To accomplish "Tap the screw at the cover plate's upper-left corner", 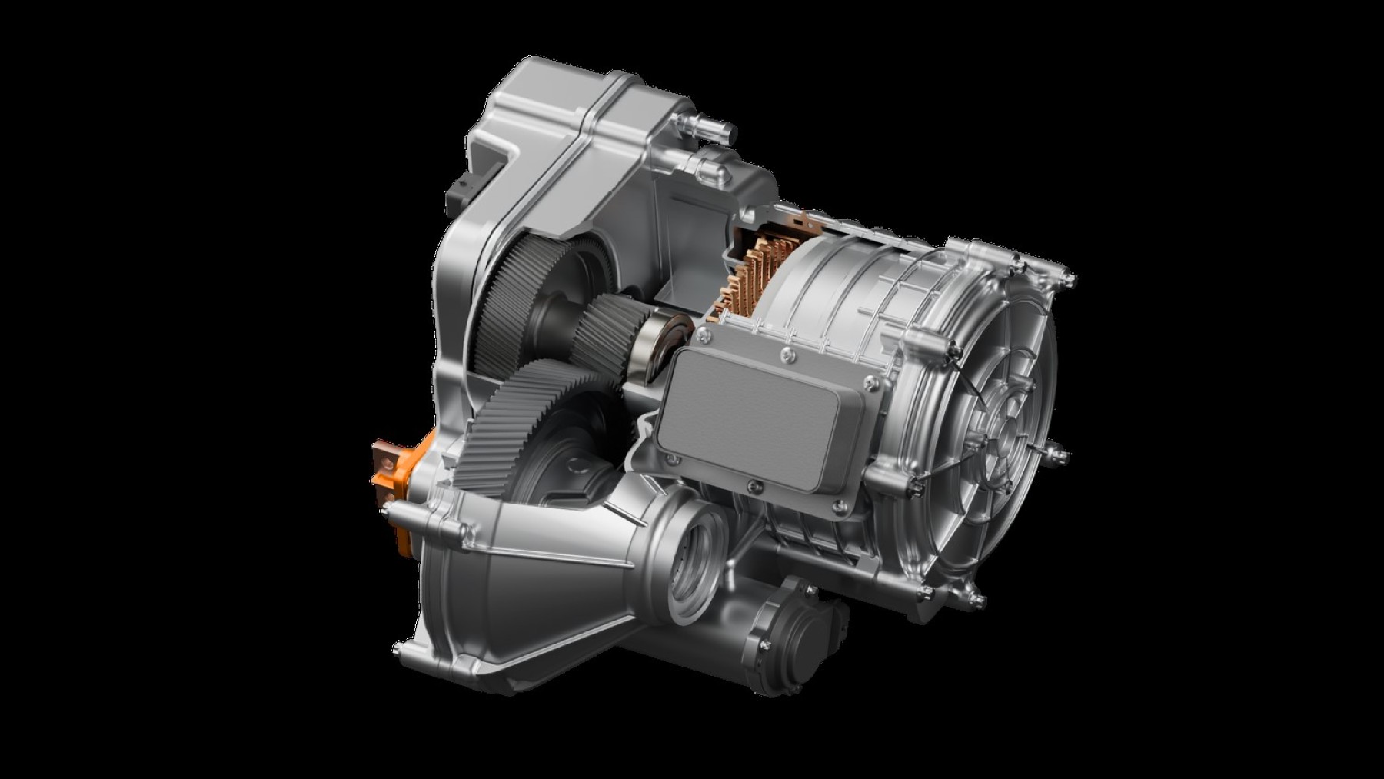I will click(700, 331).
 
